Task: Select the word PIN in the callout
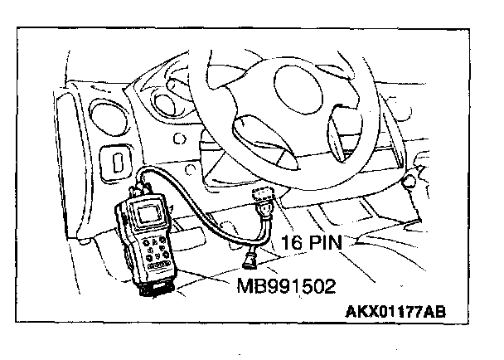pyautogui.click(x=331, y=243)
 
